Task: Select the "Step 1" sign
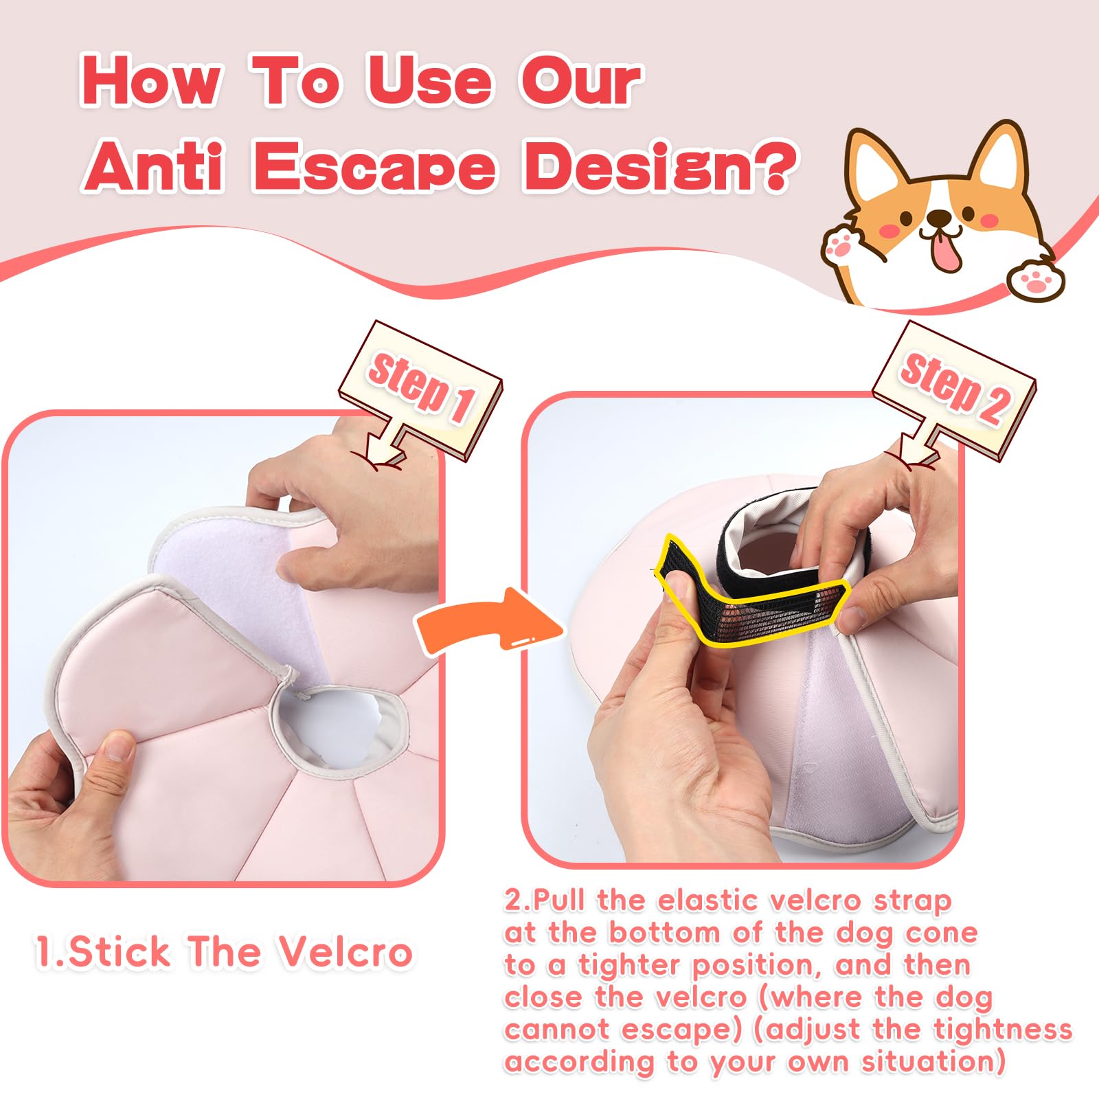(x=420, y=389)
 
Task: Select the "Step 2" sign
(x=954, y=389)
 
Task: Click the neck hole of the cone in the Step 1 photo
(x=340, y=725)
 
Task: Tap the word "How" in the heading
(x=152, y=82)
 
